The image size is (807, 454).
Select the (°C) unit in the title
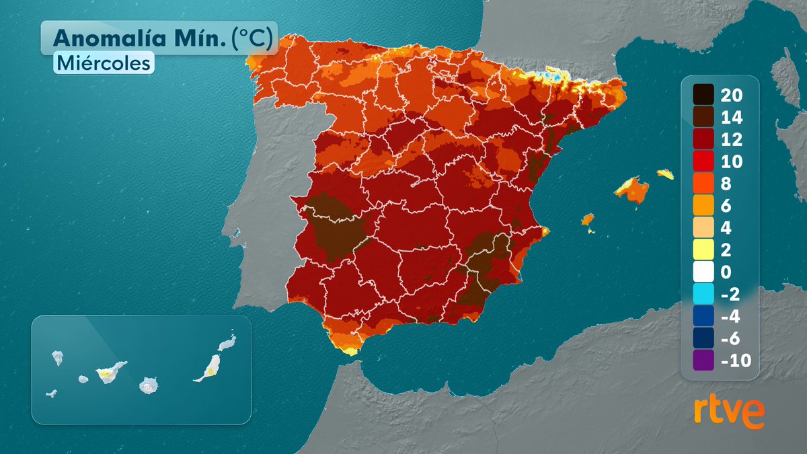pos(252,39)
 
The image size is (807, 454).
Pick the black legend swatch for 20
pos(703,95)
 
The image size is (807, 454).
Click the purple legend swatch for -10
pos(703,361)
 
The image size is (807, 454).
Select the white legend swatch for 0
pos(703,272)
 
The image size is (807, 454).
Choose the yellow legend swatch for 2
pos(703,250)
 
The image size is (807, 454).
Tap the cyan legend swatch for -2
pos(703,295)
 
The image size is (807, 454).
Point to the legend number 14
pos(731,117)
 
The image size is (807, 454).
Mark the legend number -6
pos(730,339)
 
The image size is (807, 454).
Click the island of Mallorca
pos(633,189)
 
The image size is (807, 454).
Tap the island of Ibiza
pos(587,220)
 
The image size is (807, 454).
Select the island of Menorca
pos(665,174)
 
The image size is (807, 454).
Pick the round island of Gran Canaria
pos(148,385)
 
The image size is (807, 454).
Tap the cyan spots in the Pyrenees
pos(554,76)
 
